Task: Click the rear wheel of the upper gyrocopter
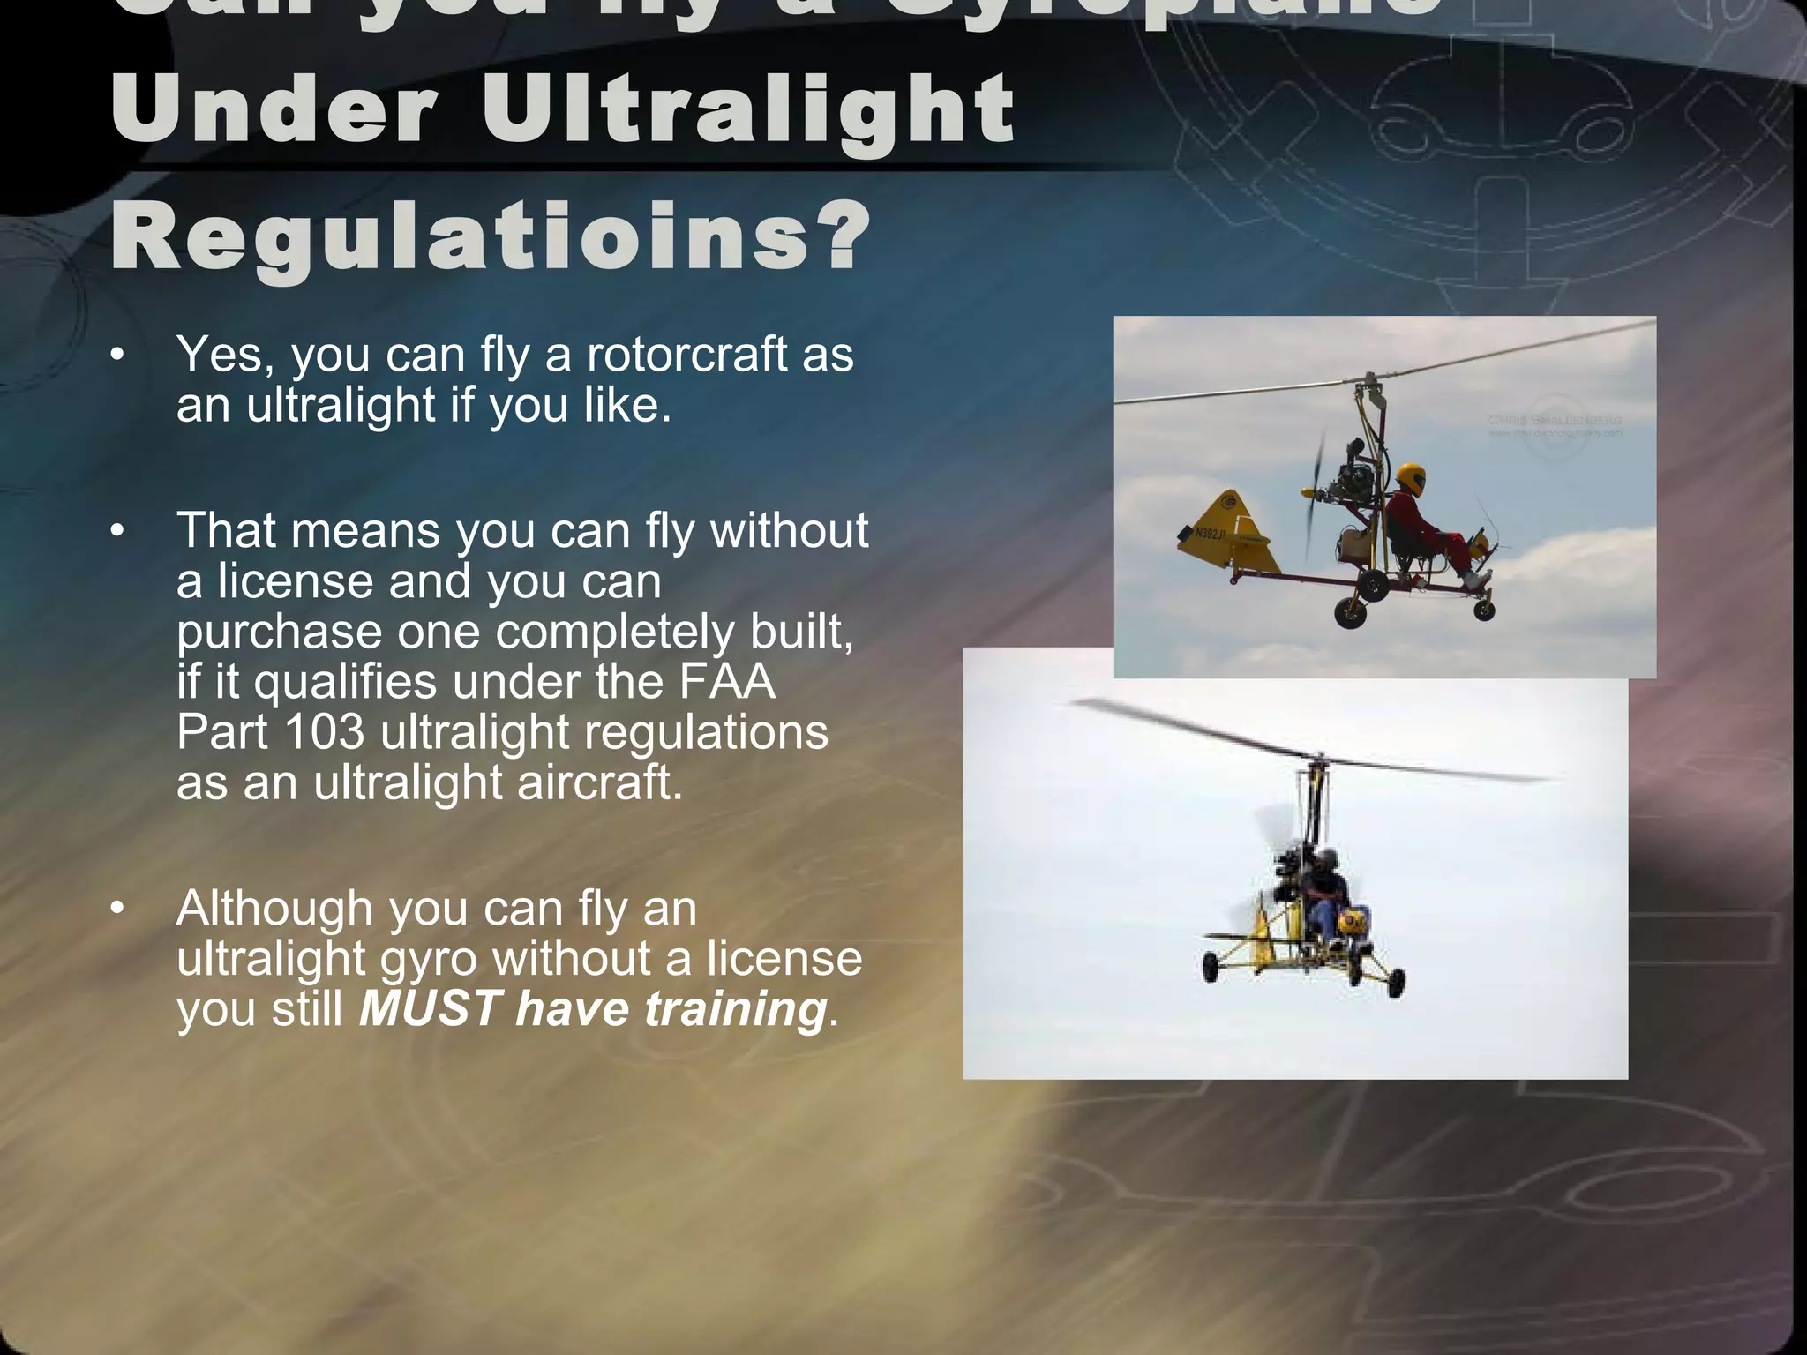click(x=1349, y=610)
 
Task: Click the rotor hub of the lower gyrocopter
click(x=1318, y=759)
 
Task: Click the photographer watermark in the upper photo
click(x=1555, y=425)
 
